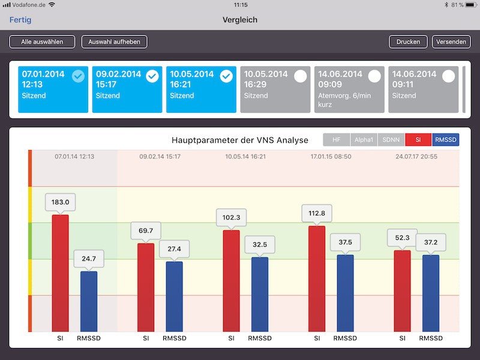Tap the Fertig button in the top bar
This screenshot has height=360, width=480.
20,20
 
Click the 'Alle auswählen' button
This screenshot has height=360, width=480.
42,42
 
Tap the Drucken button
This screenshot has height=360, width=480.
408,42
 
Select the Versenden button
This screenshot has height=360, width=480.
451,42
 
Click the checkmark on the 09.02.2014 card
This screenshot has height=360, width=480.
152,76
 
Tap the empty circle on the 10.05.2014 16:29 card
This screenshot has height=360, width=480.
301,76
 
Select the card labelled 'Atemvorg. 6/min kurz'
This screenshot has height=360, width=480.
349,89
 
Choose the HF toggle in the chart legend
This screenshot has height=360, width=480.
337,140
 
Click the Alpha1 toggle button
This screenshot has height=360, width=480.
364,140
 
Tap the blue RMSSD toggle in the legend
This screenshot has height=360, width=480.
445,140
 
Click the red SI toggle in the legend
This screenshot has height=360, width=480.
418,140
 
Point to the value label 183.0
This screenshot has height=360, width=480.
60,202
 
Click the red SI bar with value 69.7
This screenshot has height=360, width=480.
146,288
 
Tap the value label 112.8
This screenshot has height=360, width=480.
317,213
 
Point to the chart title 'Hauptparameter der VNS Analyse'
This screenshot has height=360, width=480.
239,140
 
